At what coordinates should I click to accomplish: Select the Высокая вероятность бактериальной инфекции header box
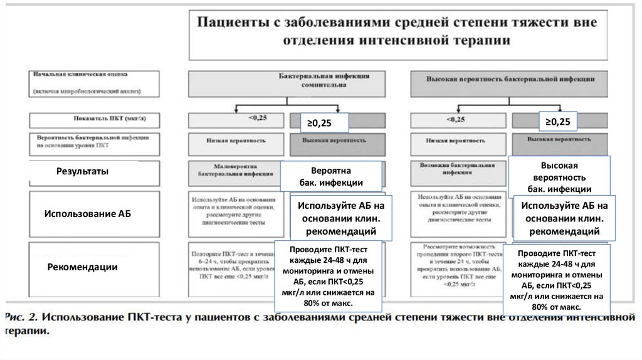pyautogui.click(x=508, y=83)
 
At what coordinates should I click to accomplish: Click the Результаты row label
pyautogui.click(x=83, y=171)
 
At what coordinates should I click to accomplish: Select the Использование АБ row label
pyautogui.click(x=88, y=213)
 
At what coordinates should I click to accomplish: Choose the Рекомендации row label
pyautogui.click(x=83, y=267)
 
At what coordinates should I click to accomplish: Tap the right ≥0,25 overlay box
pyautogui.click(x=558, y=121)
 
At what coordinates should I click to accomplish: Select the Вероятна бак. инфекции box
pyautogui.click(x=330, y=177)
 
